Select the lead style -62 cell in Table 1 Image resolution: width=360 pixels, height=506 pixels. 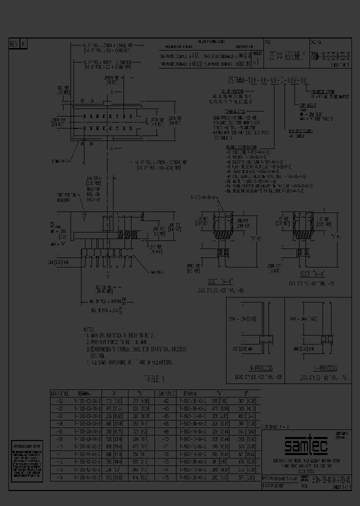164,400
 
